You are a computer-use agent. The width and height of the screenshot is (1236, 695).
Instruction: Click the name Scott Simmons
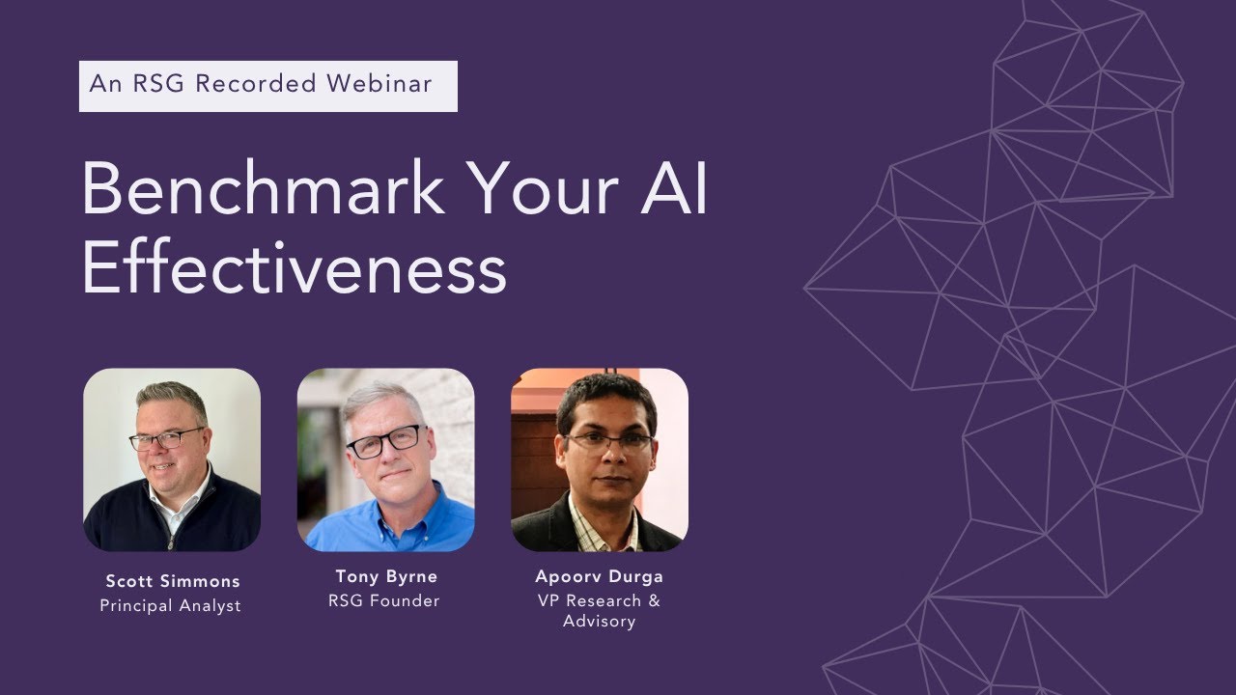point(172,581)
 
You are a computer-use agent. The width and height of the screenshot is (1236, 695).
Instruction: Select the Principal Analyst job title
point(171,606)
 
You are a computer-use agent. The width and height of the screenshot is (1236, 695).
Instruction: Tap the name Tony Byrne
point(386,576)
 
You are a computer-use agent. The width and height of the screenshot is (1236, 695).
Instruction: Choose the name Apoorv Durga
point(599,576)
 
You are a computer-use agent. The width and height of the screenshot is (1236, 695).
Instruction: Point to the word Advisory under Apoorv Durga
point(599,622)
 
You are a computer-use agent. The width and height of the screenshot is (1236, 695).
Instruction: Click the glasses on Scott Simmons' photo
point(166,439)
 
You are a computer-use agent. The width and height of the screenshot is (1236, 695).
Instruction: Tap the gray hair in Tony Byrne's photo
point(382,396)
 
